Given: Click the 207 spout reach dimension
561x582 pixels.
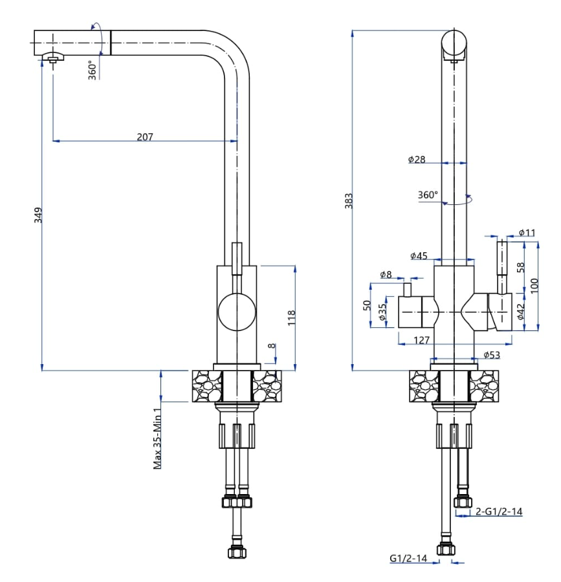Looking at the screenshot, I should (144, 136).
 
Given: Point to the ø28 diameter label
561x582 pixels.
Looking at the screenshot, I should (417, 159).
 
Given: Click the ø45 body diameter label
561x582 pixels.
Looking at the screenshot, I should (419, 256).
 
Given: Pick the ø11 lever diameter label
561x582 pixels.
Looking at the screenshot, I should (527, 233).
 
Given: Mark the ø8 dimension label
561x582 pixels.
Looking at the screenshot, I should (386, 275).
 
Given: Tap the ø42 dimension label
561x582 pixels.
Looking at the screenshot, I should (520, 312).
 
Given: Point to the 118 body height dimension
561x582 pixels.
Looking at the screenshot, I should (291, 317).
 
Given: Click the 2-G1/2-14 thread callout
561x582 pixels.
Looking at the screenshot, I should (498, 512).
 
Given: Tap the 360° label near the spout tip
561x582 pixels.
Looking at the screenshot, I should (93, 69).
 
